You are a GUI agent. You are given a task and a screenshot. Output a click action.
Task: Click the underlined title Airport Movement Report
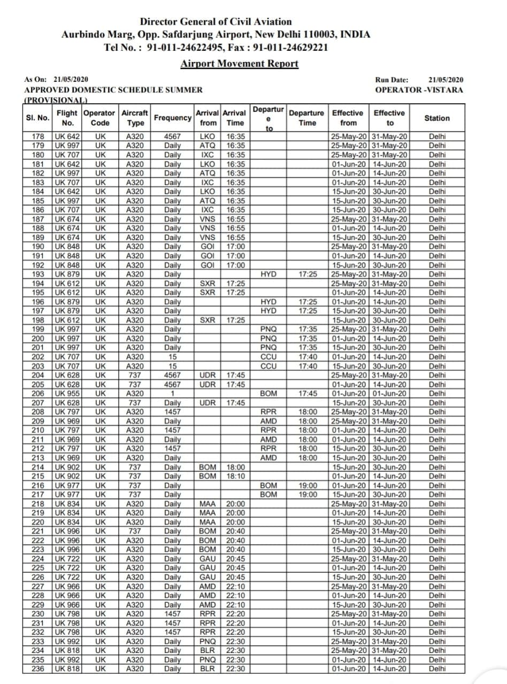(239, 64)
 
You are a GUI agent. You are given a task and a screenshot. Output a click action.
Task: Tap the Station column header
(437, 118)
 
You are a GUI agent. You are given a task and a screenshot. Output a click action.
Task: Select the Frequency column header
(173, 118)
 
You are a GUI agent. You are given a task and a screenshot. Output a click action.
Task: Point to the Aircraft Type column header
(135, 118)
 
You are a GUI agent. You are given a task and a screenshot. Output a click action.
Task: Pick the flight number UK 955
(68, 393)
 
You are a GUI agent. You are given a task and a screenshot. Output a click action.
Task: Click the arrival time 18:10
(235, 476)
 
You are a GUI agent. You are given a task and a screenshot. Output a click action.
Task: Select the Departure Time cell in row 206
(308, 393)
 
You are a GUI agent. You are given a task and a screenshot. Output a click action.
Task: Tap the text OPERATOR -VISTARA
(419, 90)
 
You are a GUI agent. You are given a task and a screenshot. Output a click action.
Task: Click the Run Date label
(392, 80)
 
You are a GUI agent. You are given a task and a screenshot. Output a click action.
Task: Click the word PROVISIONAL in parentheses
(56, 100)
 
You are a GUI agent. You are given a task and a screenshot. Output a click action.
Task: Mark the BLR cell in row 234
(207, 650)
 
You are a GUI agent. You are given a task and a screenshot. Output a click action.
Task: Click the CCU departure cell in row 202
(268, 356)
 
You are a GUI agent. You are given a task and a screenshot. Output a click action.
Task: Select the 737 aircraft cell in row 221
(135, 531)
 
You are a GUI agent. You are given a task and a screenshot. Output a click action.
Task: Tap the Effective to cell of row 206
(390, 393)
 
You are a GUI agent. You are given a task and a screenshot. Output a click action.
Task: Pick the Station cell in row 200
(437, 338)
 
